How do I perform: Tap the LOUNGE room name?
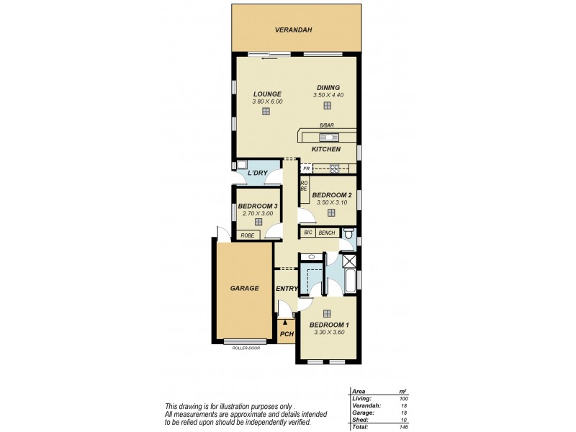tap(267, 94)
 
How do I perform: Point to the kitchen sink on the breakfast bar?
tap(328, 136)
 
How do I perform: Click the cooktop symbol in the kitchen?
tap(335, 169)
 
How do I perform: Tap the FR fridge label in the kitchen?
tap(307, 169)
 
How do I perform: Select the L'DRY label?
tap(257, 174)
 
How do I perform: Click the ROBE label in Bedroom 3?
tap(247, 235)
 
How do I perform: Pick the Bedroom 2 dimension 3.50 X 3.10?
tap(333, 202)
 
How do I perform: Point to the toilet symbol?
tap(348, 233)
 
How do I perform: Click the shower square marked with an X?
tap(349, 261)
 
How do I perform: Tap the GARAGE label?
tap(245, 288)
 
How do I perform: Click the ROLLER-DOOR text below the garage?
tap(245, 348)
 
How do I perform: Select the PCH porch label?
tap(287, 334)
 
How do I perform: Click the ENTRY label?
tap(287, 289)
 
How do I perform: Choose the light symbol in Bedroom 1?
tap(328, 313)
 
